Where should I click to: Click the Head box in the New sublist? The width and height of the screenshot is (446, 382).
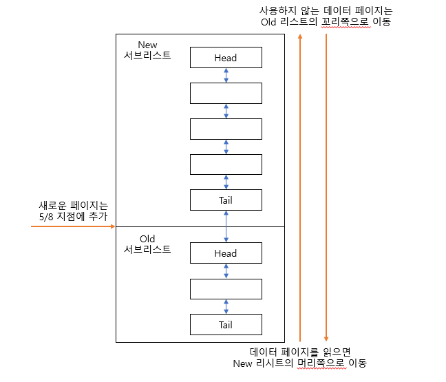pos(226,58)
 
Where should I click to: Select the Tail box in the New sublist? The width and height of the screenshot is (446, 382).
pos(226,200)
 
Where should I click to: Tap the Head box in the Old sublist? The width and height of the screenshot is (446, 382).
pos(226,253)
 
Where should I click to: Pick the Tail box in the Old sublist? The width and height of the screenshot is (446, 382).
pos(226,325)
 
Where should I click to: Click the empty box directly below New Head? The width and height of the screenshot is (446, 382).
pos(226,93)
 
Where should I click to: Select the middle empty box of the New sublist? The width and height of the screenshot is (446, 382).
pos(226,129)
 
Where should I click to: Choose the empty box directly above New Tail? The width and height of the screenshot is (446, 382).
pos(226,165)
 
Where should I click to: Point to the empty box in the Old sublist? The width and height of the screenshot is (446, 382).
pos(226,289)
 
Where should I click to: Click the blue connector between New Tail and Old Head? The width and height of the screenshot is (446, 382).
pos(226,226)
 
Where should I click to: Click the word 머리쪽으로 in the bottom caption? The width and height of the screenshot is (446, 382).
pos(315,363)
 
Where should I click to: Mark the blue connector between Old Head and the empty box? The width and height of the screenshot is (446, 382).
pos(226,271)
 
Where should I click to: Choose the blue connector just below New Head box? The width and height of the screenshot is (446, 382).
pos(226,76)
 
